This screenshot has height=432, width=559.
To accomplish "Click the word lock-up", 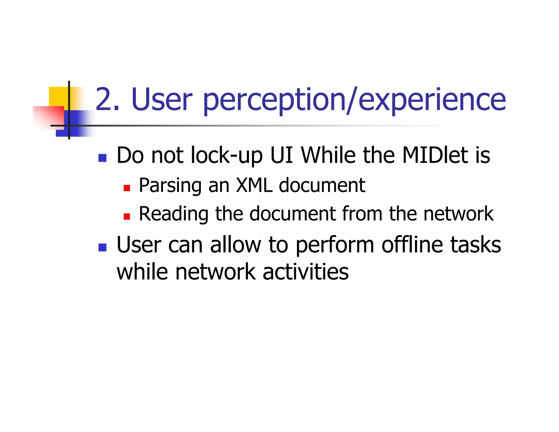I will pos(227,156).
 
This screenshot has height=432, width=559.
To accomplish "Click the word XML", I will pos(254,185).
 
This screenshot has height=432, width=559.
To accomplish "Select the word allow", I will pos(236,244).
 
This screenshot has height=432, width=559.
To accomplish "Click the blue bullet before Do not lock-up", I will pos(102,158).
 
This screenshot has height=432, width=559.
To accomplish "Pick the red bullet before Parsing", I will pos(127,188).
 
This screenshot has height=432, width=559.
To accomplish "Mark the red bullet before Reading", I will pos(127,217).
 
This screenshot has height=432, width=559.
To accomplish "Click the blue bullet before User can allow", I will pos(102,247).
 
